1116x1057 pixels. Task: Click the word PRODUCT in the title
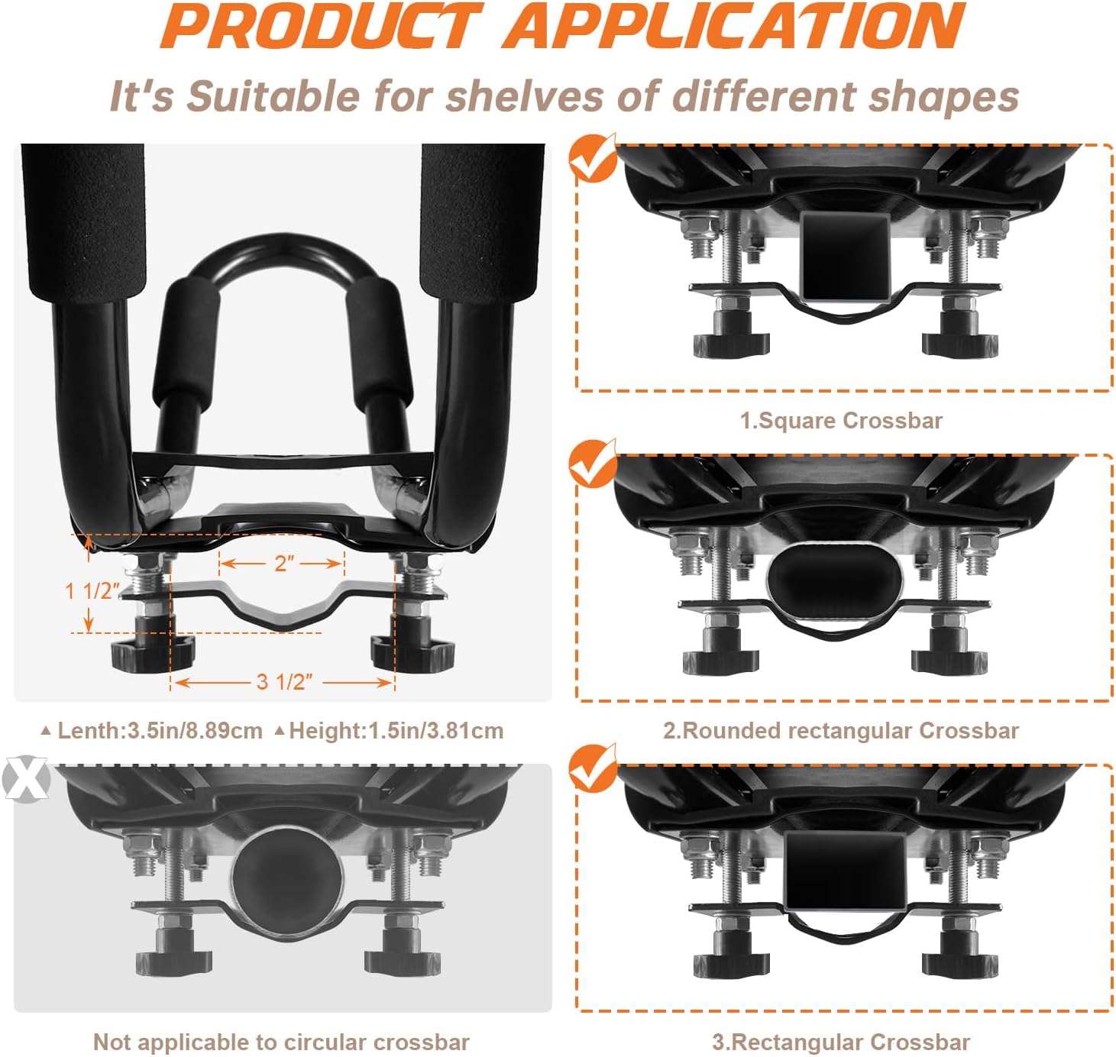pos(322,26)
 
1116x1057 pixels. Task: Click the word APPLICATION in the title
pos(733,26)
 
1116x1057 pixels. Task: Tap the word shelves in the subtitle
pos(524,95)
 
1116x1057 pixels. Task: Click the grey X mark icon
pos(25,779)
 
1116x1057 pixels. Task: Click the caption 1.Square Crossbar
pos(841,421)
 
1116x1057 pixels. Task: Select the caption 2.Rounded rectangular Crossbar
pos(841,731)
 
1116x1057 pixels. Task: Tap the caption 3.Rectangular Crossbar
pos(841,1042)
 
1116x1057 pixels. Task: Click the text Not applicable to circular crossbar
pos(281,1042)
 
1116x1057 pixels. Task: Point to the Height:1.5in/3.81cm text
pos(396,731)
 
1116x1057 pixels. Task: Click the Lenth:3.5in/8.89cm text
pos(160,731)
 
